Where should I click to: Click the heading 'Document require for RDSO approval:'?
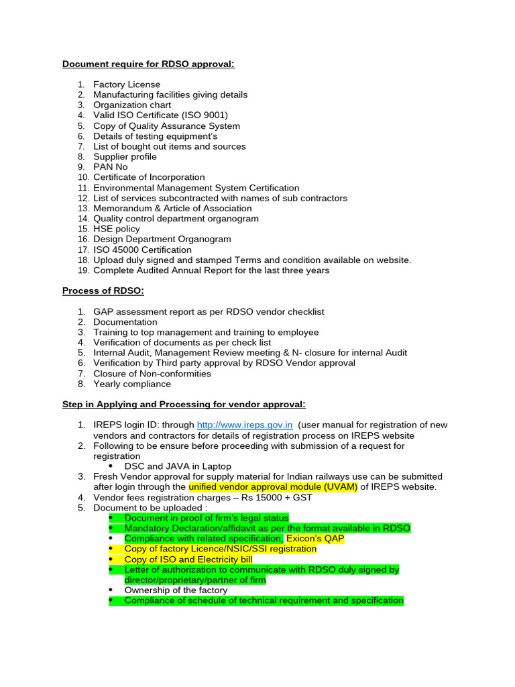pyautogui.click(x=148, y=64)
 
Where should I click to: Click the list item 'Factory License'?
pyautogui.click(x=127, y=85)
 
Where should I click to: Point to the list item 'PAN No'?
pyautogui.click(x=111, y=167)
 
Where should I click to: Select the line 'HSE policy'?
pyautogui.click(x=117, y=229)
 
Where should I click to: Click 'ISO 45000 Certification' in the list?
pyautogui.click(x=142, y=250)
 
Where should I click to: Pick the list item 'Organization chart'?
pyautogui.click(x=132, y=105)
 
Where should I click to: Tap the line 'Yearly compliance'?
pyautogui.click(x=132, y=384)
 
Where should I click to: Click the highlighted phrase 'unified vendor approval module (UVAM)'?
pyautogui.click(x=273, y=486)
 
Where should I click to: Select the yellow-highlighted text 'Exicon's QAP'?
pyautogui.click(x=315, y=538)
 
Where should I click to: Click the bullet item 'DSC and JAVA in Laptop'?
pyautogui.click(x=178, y=466)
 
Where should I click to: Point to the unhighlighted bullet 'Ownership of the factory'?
pyautogui.click(x=176, y=590)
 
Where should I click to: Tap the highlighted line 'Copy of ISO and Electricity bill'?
pyautogui.click(x=188, y=559)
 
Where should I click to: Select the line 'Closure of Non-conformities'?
pyautogui.click(x=152, y=374)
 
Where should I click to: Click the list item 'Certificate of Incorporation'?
pyautogui.click(x=149, y=177)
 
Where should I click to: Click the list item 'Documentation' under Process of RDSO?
pyautogui.click(x=125, y=322)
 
